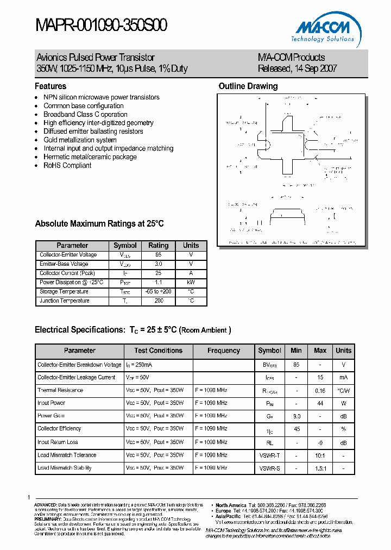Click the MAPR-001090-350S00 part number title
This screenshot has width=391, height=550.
pos(102,26)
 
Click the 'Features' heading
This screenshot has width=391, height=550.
pos(51,86)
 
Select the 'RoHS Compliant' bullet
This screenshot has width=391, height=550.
pos(67,165)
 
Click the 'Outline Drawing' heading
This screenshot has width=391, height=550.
pos(248,86)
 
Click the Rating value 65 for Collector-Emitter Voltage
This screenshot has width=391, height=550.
pos(159,255)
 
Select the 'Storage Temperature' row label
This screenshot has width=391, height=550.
pos(64,292)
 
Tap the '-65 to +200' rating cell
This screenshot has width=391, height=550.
pos(159,292)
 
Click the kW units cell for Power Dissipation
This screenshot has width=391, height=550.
pos(191,283)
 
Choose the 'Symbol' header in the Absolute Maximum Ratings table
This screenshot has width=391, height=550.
pos(125,246)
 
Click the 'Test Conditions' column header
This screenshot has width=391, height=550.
pos(158,351)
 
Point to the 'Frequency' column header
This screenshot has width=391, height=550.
pos(223,351)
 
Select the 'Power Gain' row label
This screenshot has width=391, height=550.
pos(52,416)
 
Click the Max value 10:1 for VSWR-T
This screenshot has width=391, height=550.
pos(320,455)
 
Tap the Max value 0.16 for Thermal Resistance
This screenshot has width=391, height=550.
pos(320,390)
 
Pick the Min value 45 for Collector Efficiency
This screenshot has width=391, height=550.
pos(296,429)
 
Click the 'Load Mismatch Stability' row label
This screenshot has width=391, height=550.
pos(65,468)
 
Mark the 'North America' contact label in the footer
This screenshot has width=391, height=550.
pos(231,505)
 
